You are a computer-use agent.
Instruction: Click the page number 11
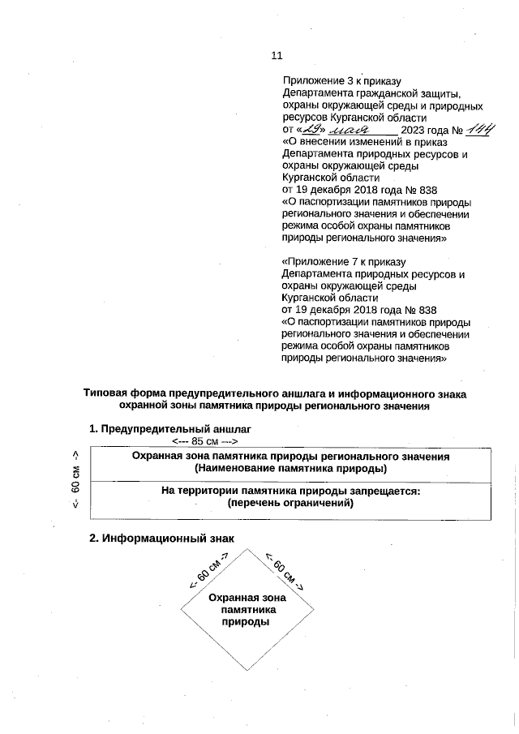pos(277,56)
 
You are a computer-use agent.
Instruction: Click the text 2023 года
pos(424,130)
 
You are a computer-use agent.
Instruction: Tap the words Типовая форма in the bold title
pos(119,393)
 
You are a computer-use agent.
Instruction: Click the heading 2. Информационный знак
pos(161,539)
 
